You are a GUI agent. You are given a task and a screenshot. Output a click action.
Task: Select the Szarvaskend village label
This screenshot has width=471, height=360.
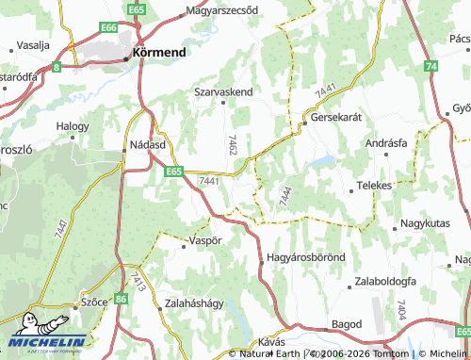point(223,92)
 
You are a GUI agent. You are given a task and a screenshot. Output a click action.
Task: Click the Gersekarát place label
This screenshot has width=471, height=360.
point(338,120)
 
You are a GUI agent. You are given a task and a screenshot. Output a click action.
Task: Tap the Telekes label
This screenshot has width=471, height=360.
point(374,186)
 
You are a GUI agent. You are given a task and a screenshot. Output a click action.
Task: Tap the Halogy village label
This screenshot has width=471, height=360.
point(73,125)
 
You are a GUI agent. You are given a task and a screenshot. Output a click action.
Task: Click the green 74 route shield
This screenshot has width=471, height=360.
point(430,66)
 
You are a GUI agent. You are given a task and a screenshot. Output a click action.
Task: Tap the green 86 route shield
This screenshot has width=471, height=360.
point(121,298)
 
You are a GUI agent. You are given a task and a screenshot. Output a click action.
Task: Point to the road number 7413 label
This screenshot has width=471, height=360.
point(138,281)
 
